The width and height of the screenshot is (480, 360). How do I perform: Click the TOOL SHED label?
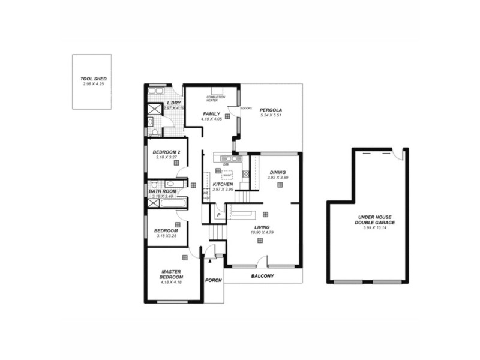point(92,79)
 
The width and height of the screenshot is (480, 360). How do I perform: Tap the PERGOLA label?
point(271,110)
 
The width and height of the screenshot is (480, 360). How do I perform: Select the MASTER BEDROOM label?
point(171,274)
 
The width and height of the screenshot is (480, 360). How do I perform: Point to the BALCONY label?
point(262,276)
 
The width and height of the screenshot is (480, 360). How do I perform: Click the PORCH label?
point(213,280)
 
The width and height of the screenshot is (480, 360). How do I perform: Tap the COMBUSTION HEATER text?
point(215,98)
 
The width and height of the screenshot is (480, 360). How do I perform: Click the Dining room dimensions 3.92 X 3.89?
point(278,178)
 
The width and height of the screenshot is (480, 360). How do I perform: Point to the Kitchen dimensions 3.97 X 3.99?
point(222,189)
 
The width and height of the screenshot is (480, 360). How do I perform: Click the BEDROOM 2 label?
point(167,152)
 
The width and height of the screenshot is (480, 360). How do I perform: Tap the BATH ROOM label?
point(163,191)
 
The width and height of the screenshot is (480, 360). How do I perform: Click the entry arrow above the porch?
point(210,261)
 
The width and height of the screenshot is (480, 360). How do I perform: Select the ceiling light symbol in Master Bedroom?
point(185,257)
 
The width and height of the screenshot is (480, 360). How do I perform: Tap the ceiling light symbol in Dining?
point(280,185)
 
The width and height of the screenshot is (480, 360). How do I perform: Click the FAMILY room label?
point(211,114)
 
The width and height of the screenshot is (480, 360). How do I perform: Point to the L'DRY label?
point(173,103)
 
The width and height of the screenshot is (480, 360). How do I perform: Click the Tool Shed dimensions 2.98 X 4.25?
point(92,84)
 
